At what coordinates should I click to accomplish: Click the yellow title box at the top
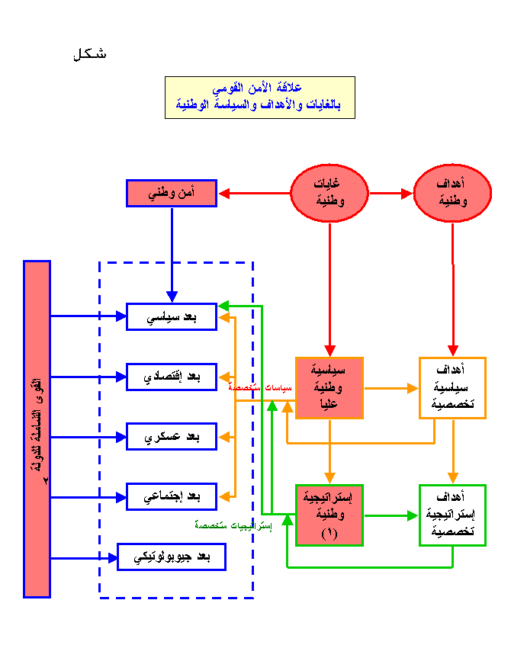pos(259,98)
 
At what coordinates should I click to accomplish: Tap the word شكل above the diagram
pos(90,55)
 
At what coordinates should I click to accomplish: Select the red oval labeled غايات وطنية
pos(329,194)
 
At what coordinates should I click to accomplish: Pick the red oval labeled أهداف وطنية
pos(453,194)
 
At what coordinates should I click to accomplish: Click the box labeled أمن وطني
pos(172,194)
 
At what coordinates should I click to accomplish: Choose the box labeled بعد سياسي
pos(172,316)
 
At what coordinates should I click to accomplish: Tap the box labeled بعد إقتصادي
pos(172,377)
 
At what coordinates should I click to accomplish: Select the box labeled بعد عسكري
pos(172,437)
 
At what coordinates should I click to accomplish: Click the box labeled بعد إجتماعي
pos(172,497)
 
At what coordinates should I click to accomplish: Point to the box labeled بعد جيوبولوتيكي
pos(172,557)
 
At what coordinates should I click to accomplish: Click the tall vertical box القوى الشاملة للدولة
pos(37,428)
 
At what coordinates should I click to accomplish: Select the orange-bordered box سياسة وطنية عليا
pos(329,388)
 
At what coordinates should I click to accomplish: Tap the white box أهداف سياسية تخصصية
pos(453,388)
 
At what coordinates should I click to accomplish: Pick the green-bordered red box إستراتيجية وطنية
pos(329,515)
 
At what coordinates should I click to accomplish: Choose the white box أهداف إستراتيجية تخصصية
pos(453,515)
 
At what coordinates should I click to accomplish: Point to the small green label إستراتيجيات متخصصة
pos(233,525)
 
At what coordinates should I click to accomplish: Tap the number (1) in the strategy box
pos(329,534)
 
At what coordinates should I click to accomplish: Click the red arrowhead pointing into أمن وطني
pos(224,194)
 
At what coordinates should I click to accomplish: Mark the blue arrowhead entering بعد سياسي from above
pos(172,297)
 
